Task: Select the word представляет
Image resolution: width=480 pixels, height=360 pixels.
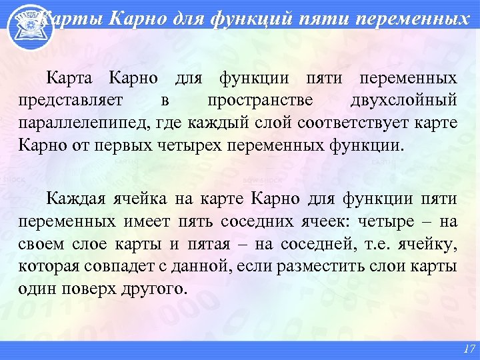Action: coord(61,100)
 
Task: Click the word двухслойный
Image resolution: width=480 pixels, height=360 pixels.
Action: coord(404,100)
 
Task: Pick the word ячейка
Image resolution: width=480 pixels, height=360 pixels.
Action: coord(138,198)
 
